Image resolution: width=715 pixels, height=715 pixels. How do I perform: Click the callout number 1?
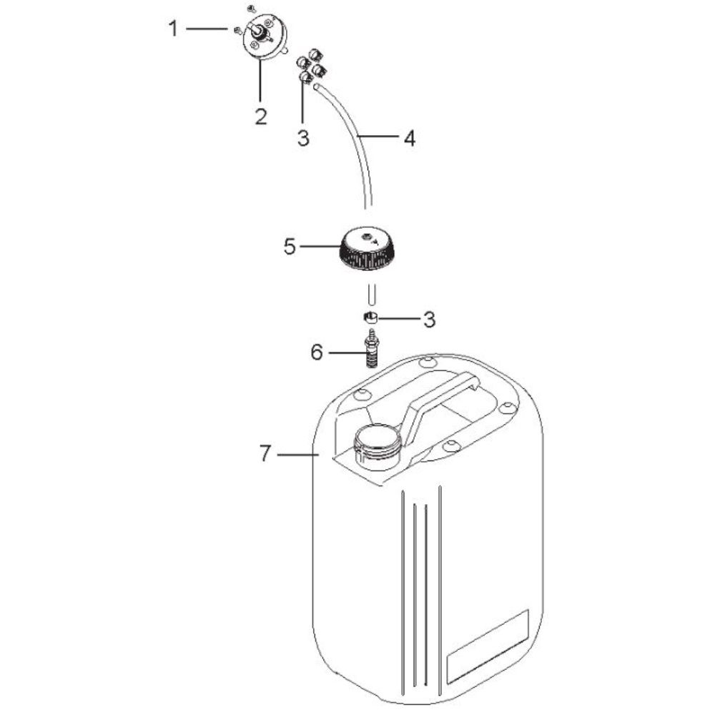[173, 29]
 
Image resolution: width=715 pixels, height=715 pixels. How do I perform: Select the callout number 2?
[260, 117]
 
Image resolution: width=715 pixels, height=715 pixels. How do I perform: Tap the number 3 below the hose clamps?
[303, 138]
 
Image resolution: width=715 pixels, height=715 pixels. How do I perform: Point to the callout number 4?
[410, 138]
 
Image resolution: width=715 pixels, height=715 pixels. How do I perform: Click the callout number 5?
[290, 247]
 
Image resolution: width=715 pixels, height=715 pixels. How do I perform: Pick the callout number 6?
[317, 352]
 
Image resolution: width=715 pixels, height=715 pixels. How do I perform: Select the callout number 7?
[265, 454]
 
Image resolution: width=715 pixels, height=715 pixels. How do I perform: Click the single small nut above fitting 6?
[370, 317]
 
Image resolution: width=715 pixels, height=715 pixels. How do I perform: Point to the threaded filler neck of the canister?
[377, 447]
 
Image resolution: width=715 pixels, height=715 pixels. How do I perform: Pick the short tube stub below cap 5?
[372, 293]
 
